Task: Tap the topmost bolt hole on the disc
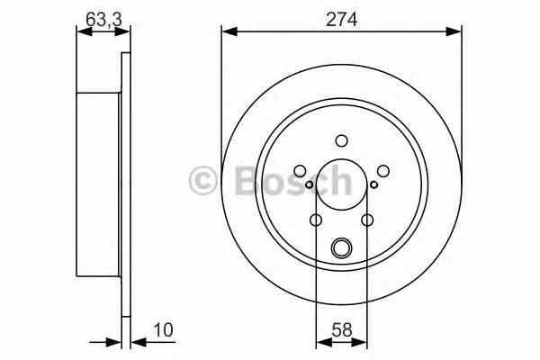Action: pos(341,140)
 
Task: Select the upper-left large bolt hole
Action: pos(300,171)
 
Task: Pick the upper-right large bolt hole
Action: pos(382,171)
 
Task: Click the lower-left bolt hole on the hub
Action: pos(316,220)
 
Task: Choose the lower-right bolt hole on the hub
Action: pos(367,220)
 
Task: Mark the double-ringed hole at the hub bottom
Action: pos(341,247)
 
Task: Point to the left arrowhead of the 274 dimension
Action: pos(227,33)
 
